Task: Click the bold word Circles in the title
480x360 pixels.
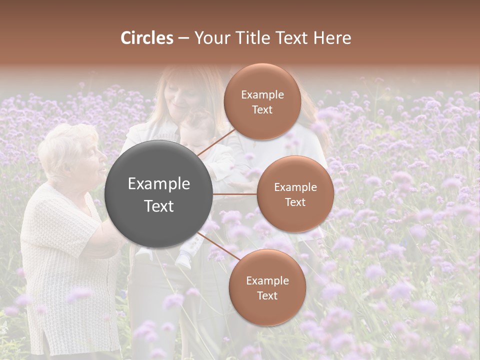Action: click(147, 38)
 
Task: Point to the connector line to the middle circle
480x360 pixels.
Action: click(234, 194)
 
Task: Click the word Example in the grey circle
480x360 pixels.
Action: click(158, 184)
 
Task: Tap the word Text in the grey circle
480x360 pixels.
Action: click(158, 206)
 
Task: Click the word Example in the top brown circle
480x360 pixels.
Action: click(262, 95)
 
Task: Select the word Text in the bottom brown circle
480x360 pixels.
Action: click(267, 295)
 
